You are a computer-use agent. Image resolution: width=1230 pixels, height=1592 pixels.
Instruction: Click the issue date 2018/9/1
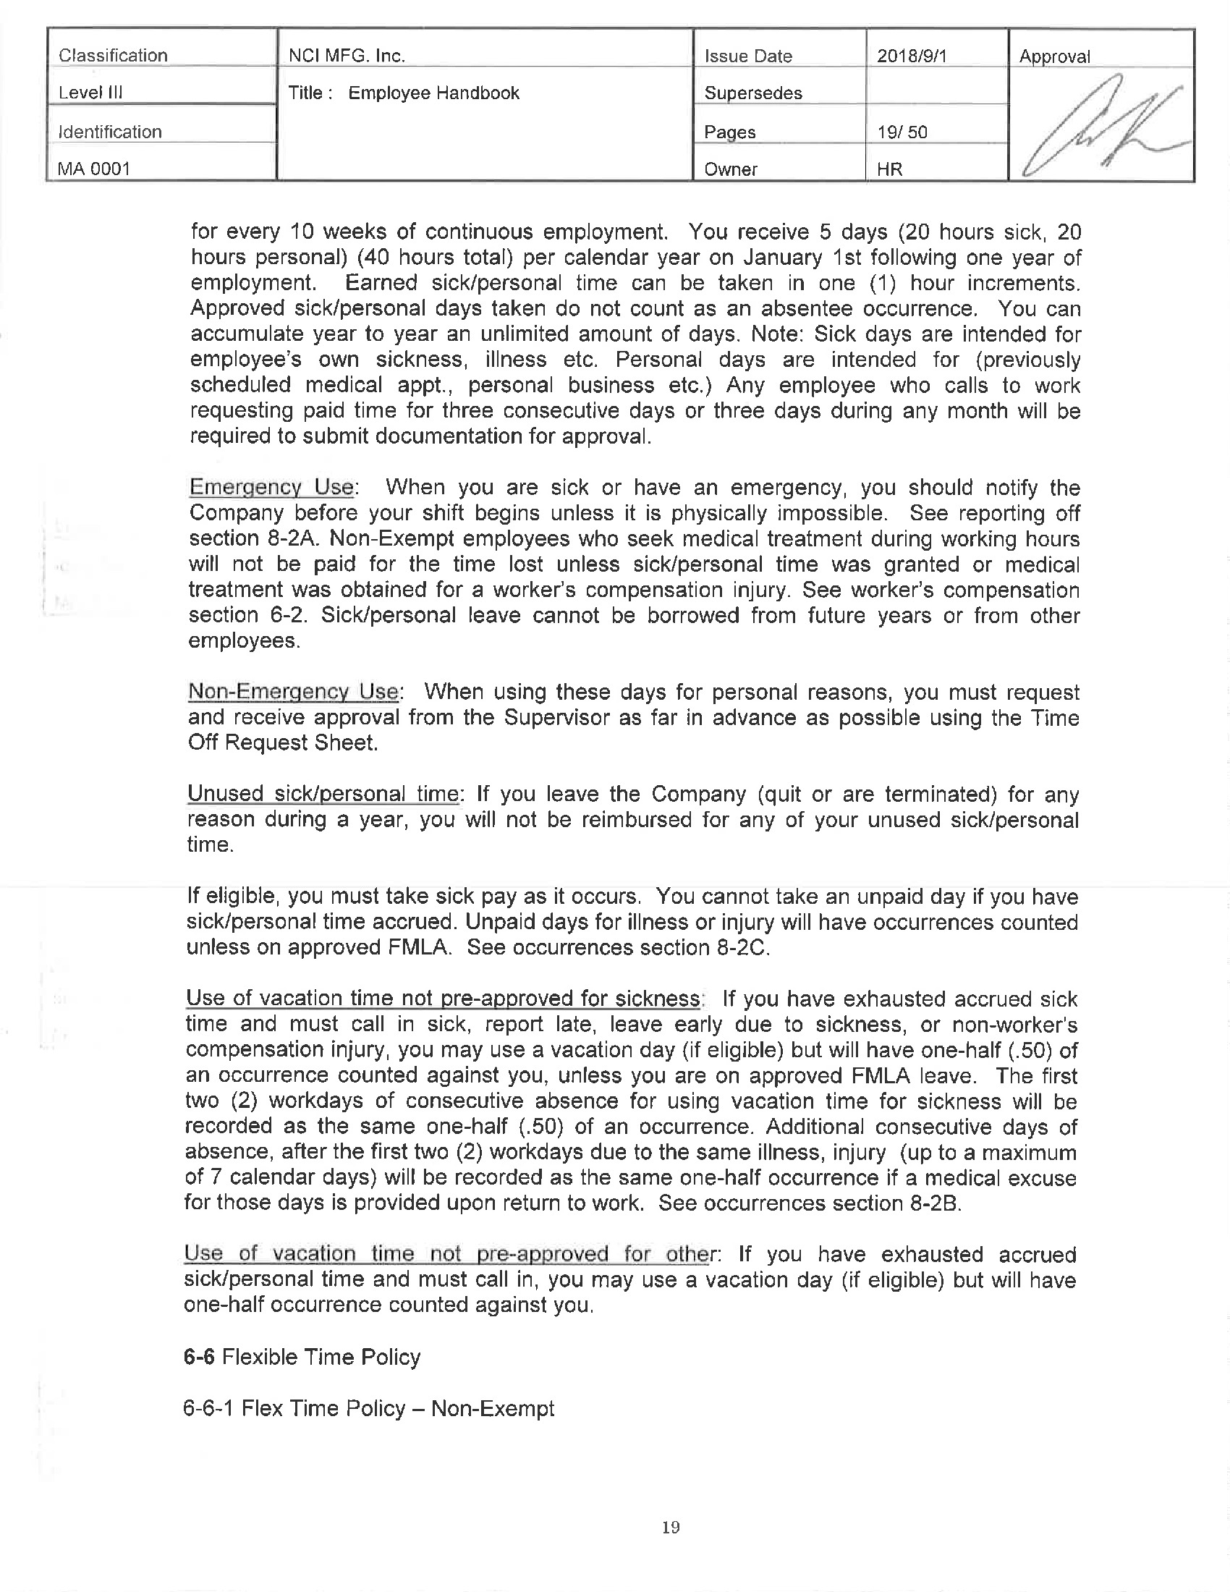(912, 56)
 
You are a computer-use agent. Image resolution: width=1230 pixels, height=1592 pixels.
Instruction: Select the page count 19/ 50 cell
(902, 132)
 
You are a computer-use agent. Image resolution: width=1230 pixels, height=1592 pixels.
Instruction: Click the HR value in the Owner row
(889, 169)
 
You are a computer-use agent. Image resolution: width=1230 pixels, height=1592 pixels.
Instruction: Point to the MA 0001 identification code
(94, 169)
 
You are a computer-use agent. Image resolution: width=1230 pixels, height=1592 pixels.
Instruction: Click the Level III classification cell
(90, 93)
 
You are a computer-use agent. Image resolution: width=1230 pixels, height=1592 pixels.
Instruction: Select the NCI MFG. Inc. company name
(346, 56)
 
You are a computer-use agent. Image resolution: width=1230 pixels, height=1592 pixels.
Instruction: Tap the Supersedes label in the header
(752, 93)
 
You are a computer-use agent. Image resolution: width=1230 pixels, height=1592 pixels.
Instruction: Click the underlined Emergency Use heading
(271, 487)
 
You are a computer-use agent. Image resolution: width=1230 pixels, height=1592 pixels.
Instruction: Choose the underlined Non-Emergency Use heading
(293, 691)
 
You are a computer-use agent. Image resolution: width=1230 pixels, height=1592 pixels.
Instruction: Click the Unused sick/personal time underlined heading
(323, 793)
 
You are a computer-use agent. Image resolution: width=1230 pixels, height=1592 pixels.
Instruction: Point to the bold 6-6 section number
(199, 1357)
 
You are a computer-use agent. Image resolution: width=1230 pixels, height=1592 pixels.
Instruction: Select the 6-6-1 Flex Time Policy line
(369, 1407)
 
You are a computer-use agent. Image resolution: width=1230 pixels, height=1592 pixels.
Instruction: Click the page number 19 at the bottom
(671, 1527)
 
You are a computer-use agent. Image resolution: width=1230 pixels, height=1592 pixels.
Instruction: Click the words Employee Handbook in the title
(433, 93)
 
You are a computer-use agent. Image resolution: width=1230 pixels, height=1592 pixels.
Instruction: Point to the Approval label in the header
(1054, 57)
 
